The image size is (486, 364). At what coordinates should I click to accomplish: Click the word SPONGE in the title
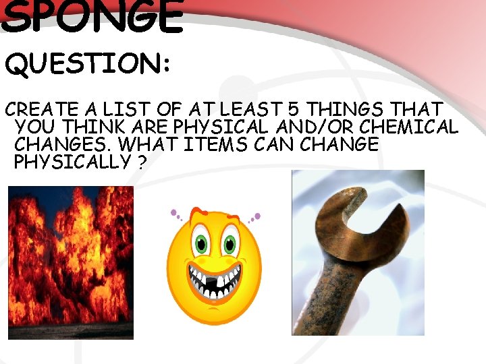tap(92, 17)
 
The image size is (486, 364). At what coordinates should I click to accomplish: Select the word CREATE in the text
tap(39, 109)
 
